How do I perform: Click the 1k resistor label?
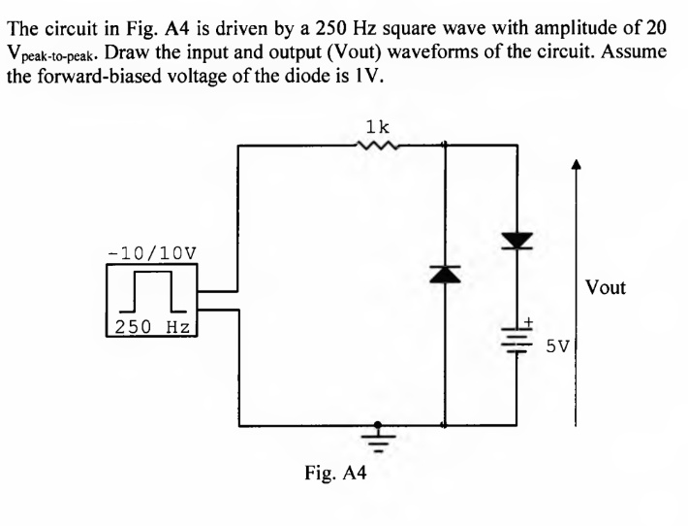click(x=378, y=126)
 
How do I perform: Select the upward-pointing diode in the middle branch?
click(x=444, y=276)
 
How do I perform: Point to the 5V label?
click(x=559, y=345)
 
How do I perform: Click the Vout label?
click(x=606, y=287)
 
